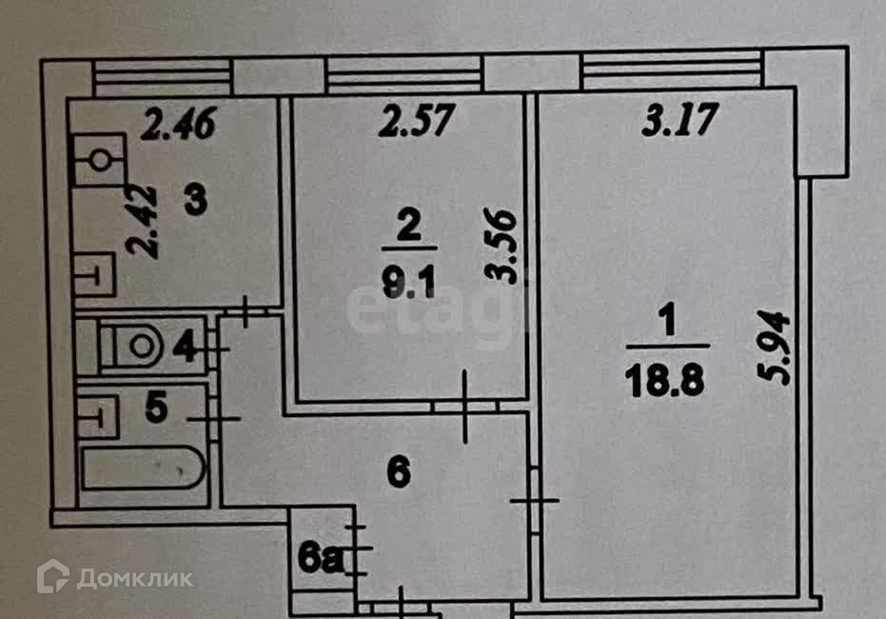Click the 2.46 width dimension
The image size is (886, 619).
click(178, 124)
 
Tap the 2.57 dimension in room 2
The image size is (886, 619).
click(417, 120)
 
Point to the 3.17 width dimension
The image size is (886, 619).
click(680, 120)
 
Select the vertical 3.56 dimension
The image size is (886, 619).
click(501, 246)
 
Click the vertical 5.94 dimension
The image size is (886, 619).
click(773, 347)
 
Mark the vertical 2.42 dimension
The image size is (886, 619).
click(141, 221)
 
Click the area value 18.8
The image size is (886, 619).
click(665, 380)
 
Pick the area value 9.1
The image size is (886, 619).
click(409, 283)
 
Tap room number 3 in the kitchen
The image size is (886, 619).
click(195, 201)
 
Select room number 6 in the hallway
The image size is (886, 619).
click(399, 472)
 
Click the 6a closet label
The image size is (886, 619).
click(321, 560)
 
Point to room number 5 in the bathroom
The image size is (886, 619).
click(156, 407)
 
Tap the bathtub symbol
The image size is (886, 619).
click(144, 468)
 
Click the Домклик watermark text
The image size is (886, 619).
click(135, 578)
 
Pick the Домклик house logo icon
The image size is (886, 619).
click(52, 576)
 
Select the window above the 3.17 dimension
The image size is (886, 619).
click(673, 70)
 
